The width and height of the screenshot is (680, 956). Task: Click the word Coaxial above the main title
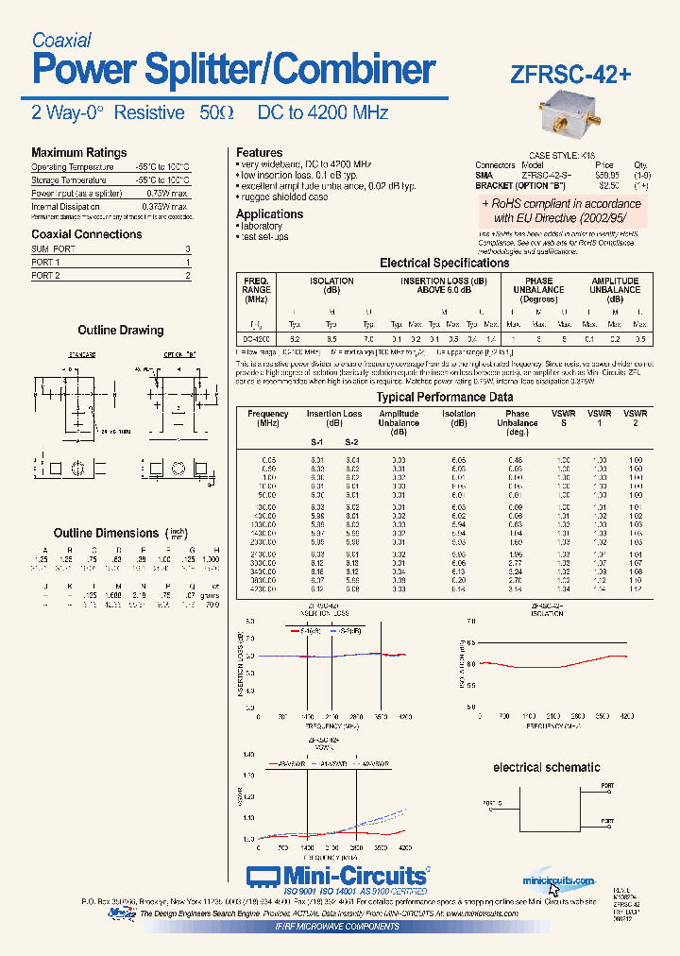(61, 40)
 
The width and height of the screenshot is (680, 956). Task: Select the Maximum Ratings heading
(78, 152)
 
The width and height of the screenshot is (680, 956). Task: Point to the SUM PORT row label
(53, 248)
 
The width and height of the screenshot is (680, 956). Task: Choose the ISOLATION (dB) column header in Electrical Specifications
(331, 285)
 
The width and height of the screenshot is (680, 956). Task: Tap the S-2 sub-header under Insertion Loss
(351, 442)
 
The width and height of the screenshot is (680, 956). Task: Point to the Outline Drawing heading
(120, 331)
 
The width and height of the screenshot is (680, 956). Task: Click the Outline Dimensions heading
(106, 533)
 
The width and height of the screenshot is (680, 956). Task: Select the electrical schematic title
(546, 767)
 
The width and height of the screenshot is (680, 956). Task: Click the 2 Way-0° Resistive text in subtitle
(108, 112)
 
